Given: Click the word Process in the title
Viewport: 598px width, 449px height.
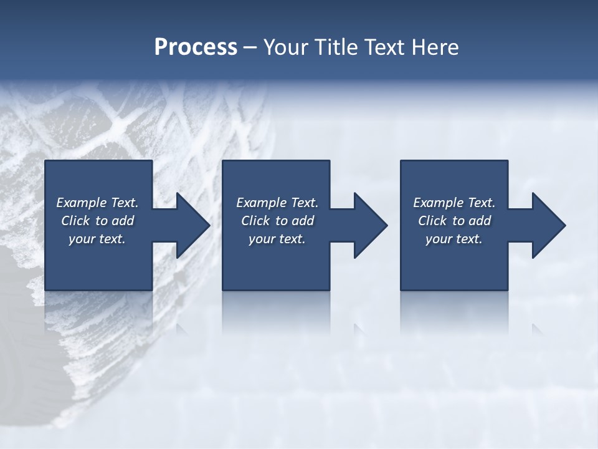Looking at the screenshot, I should coord(196,47).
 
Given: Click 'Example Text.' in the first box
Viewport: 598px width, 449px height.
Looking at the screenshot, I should coord(97,203).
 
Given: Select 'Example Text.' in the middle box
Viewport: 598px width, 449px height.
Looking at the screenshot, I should coord(277,203).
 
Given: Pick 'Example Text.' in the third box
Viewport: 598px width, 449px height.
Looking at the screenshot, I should coord(454,203).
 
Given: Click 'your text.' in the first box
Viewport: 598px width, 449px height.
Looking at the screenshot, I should coord(97,239).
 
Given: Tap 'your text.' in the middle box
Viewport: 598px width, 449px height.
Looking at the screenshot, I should coord(277,239).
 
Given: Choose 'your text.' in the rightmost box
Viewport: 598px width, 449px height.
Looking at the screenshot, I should coord(454,239).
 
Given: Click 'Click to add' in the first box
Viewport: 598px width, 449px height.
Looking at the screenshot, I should coord(97,221).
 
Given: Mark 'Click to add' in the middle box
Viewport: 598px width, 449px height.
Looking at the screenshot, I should coord(277,221).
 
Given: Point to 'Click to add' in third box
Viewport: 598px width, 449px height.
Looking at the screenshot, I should coord(454,221).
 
